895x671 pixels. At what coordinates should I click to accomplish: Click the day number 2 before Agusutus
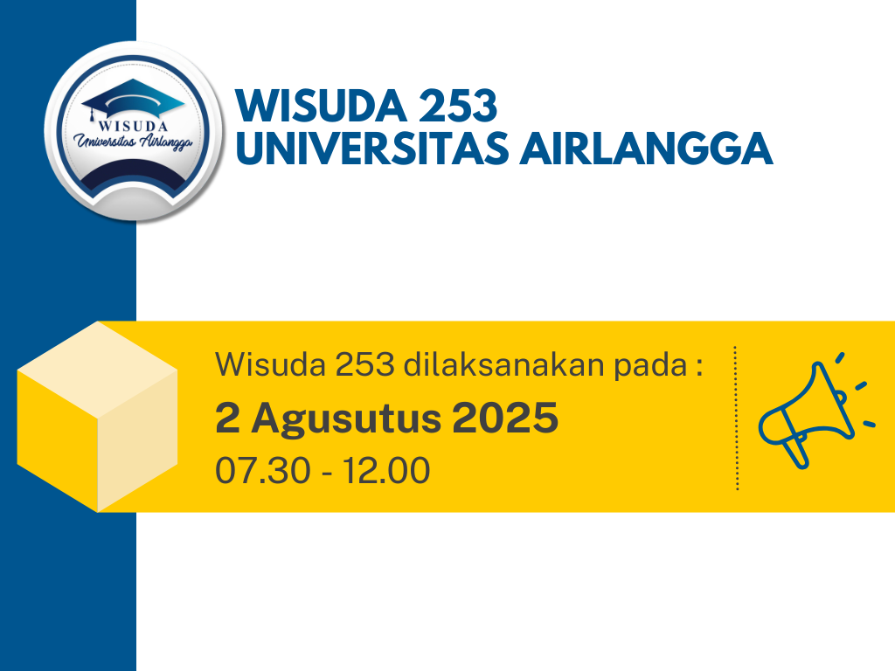click(226, 419)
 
